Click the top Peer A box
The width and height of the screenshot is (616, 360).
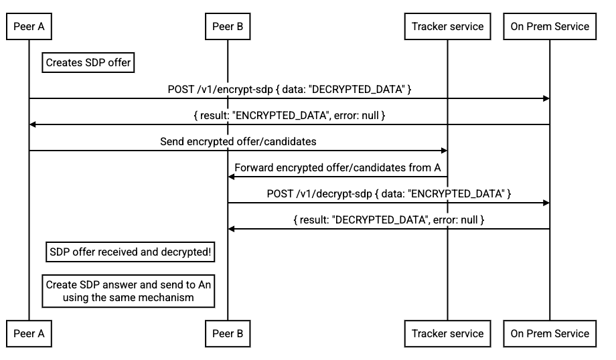coord(29,27)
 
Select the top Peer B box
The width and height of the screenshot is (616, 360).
coord(227,27)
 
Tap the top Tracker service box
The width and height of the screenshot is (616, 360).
coord(447,27)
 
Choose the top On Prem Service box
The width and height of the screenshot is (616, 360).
coord(550,27)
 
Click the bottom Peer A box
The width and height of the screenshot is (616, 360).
coord(29,333)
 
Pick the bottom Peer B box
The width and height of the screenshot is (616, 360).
coord(227,333)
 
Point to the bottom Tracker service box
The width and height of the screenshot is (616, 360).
coord(447,333)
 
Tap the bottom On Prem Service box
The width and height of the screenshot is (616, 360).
coord(550,333)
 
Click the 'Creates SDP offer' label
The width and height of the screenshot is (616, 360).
coord(88,63)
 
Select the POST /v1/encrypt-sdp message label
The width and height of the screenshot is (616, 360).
coord(289,89)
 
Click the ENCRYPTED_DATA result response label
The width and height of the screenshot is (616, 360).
coord(289,115)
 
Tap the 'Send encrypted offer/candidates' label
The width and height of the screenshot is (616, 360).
coord(238,142)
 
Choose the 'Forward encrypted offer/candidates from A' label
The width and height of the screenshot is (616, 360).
coord(337,168)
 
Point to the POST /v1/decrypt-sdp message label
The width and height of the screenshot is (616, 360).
coord(389,193)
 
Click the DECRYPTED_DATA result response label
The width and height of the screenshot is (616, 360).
coord(389,219)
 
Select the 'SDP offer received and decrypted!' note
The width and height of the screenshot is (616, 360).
coord(131,252)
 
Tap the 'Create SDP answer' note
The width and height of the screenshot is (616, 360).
coord(128,291)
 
